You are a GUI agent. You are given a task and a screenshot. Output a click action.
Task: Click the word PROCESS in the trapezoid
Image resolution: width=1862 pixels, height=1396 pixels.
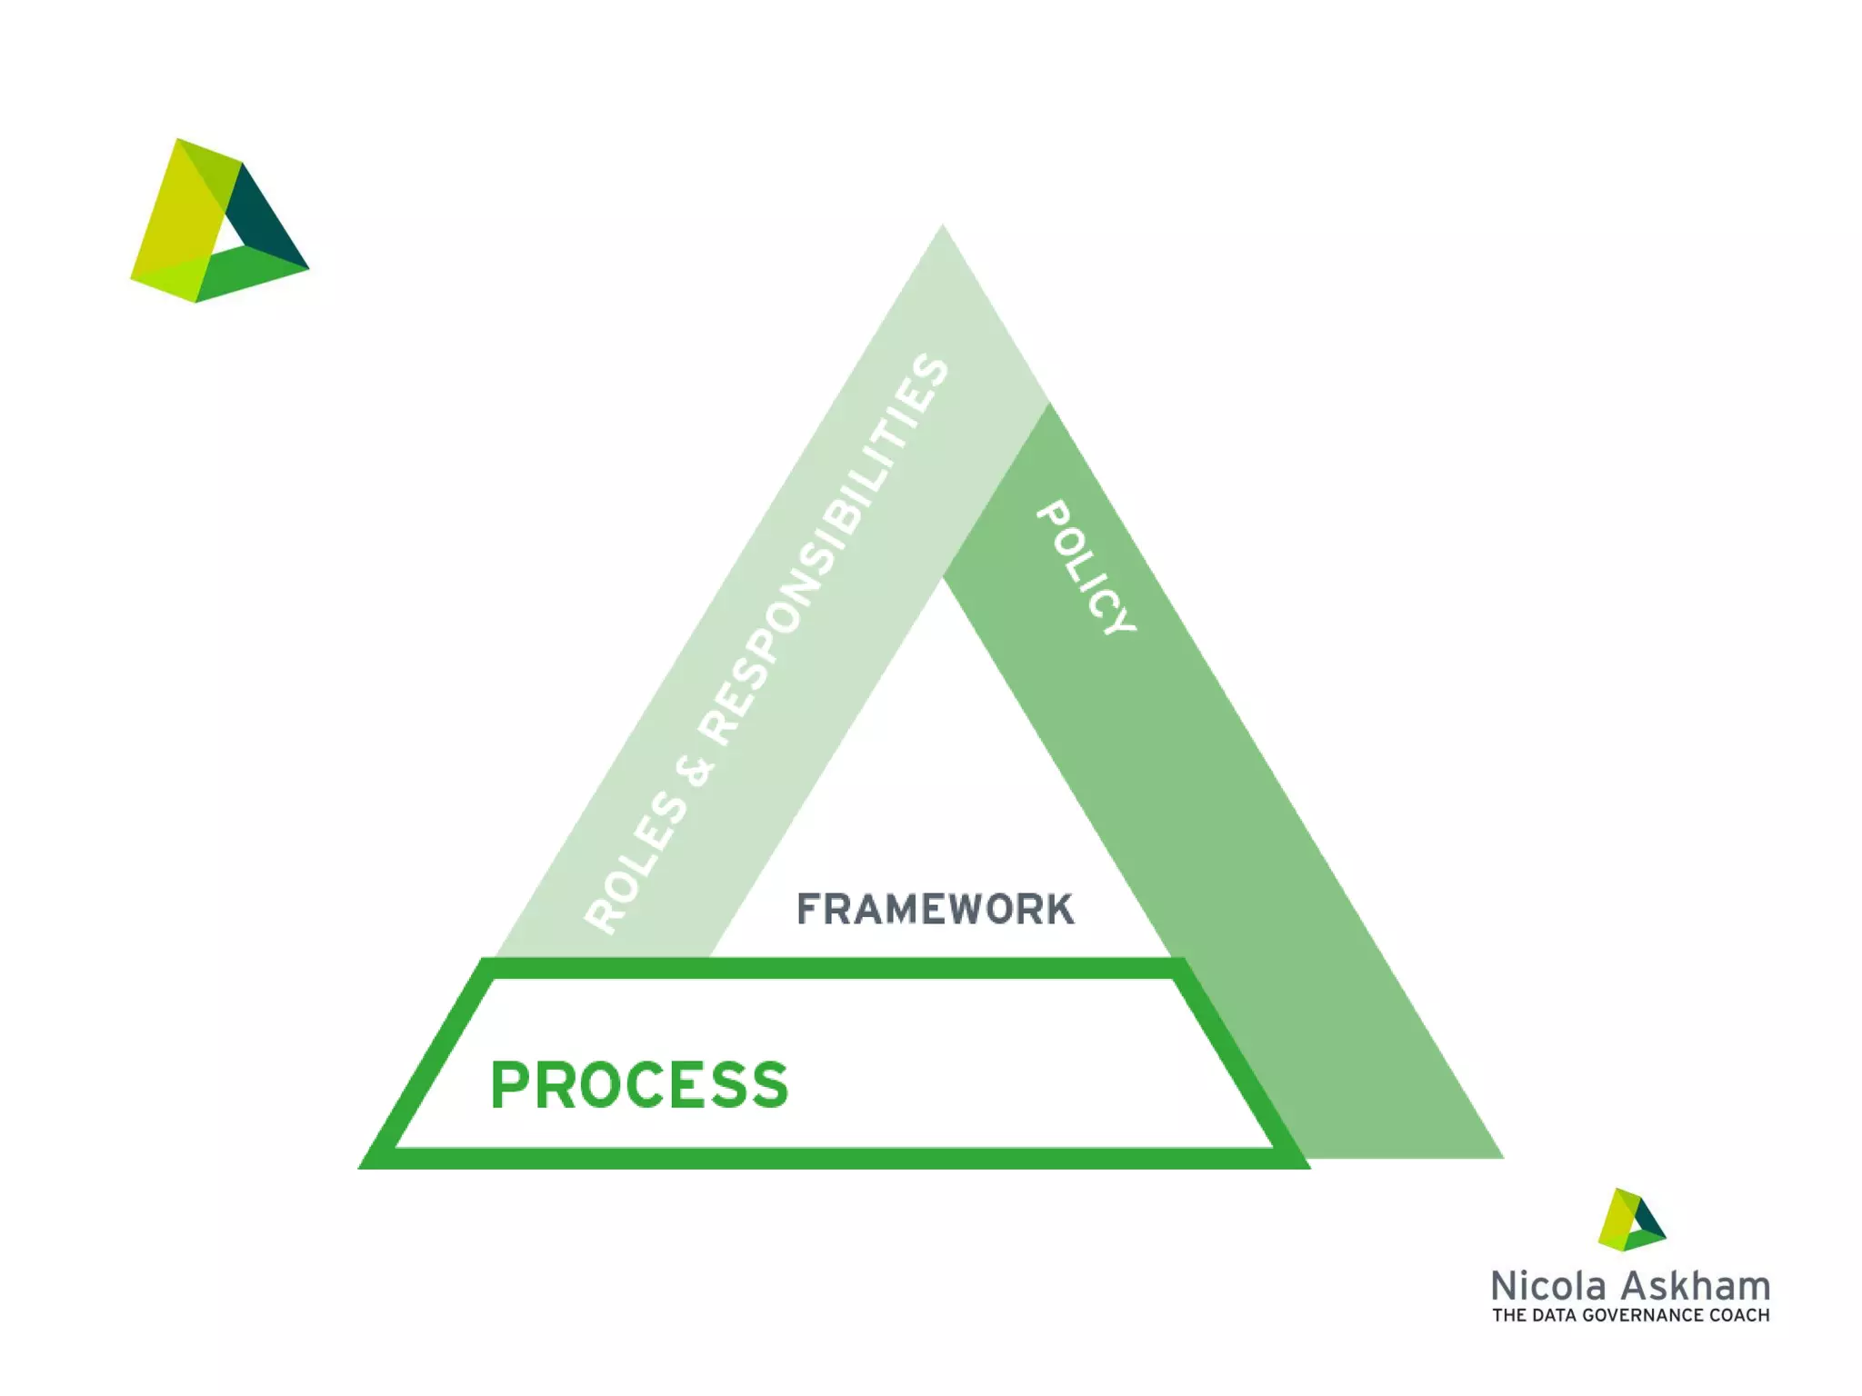click(x=639, y=1084)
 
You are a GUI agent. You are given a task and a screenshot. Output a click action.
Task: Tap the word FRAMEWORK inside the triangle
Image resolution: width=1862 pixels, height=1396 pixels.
click(x=935, y=910)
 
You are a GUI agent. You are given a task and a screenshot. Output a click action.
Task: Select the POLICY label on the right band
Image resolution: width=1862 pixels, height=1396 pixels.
click(x=1086, y=568)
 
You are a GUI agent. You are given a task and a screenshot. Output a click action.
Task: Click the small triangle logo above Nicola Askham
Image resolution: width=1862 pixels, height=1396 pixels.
click(x=1631, y=1220)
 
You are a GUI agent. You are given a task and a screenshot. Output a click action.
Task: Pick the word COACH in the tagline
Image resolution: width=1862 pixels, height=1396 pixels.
click(x=1739, y=1315)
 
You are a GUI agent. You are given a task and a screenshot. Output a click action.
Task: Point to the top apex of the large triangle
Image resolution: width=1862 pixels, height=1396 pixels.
click(x=943, y=227)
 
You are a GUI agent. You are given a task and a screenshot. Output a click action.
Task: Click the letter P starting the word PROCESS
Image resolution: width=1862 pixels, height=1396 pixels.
click(x=509, y=1084)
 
